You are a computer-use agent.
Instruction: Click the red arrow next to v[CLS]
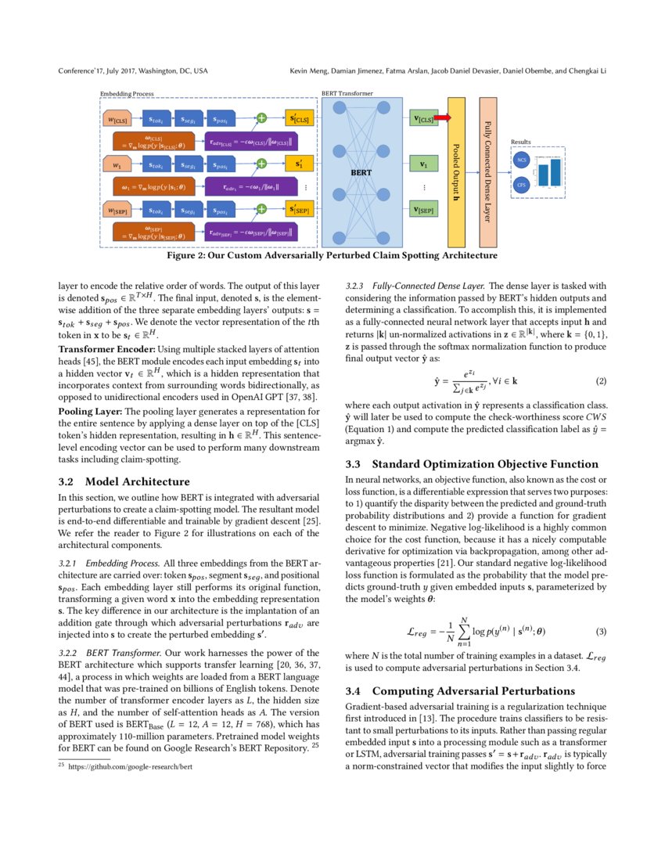[442, 118]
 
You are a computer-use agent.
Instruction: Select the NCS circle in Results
[521, 160]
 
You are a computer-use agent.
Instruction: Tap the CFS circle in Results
[521, 186]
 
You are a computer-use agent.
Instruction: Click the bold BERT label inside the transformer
[361, 171]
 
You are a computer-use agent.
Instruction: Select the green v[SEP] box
[423, 209]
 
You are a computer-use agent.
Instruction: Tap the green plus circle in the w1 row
[262, 164]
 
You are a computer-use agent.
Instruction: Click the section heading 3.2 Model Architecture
[124, 481]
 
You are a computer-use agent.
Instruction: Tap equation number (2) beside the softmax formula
[602, 381]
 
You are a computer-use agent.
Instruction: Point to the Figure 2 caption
[332, 256]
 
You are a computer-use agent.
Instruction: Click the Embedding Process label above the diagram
[127, 93]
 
